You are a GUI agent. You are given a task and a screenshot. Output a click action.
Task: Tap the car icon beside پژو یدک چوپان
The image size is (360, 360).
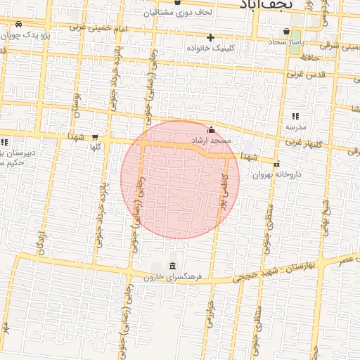tap(18, 24)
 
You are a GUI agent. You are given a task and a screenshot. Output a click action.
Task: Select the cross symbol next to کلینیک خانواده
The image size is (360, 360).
tap(210, 37)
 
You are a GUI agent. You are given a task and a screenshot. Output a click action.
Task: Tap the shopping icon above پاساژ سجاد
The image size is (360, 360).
tap(286, 31)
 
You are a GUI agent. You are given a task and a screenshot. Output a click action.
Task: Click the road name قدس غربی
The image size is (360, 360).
tap(304, 74)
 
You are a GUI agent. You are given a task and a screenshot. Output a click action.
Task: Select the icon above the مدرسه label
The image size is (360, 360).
tap(295, 116)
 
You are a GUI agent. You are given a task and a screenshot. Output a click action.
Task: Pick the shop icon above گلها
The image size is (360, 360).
tap(96, 137)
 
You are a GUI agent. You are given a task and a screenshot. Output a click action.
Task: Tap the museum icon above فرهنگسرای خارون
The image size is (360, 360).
tap(173, 265)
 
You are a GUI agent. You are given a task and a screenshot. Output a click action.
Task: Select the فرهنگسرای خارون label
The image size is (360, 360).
tap(173, 277)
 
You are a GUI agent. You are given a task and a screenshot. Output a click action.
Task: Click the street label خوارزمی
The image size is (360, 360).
tap(209, 310)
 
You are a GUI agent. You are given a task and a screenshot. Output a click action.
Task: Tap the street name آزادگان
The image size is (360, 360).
tap(41, 240)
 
